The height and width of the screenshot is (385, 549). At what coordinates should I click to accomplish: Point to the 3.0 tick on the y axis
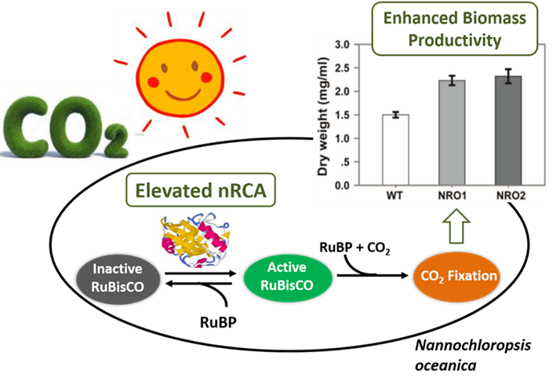[x=342, y=45]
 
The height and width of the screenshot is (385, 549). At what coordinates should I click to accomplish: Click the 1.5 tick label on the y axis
[x=342, y=115]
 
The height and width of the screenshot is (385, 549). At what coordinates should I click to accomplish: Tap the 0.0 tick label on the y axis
[x=342, y=185]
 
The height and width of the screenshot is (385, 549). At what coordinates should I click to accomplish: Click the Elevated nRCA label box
[x=202, y=190]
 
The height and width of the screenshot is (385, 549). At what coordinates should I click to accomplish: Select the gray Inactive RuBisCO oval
[x=118, y=277]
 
